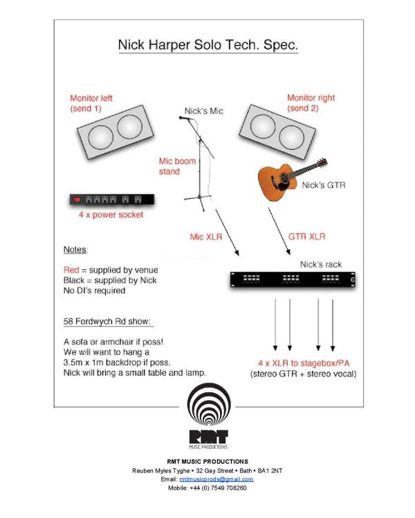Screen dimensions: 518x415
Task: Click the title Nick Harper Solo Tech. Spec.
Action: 207,46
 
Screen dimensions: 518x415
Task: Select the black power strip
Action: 111,200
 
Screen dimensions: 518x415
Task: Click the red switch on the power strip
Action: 77,200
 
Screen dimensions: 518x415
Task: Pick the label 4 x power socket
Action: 111,215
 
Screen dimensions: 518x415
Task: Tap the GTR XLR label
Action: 306,237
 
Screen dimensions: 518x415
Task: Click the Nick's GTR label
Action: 324,185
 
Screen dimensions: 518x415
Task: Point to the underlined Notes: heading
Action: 75,249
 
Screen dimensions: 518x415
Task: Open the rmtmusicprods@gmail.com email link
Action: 216,479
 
